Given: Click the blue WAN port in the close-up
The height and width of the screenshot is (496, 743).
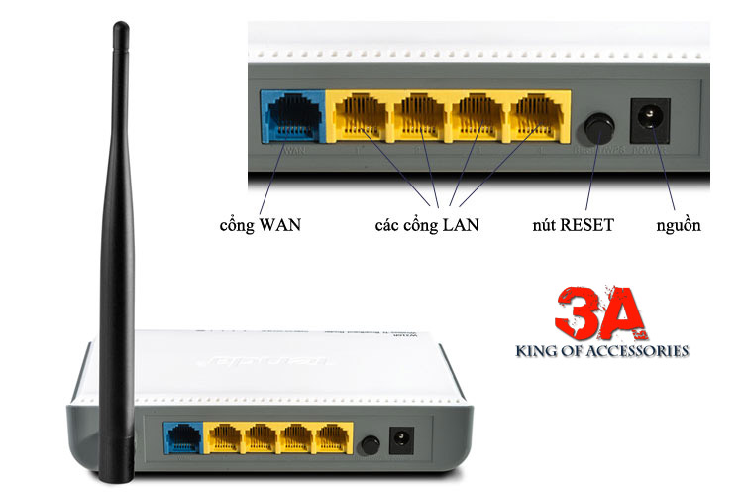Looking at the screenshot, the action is click(290, 118).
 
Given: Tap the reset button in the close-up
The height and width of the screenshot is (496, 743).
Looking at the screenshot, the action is click(596, 128).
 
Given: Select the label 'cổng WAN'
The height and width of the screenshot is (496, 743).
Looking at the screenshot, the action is click(260, 225).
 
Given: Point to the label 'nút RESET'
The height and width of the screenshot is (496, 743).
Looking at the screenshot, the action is click(573, 225).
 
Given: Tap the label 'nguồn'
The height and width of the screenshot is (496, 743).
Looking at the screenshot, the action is click(678, 225).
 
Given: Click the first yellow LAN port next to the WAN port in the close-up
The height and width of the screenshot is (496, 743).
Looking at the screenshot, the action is click(361, 118).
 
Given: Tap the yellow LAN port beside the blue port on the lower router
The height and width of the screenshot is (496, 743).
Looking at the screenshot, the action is click(225, 438).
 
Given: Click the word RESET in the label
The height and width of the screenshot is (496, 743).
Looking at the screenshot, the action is click(586, 225).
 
